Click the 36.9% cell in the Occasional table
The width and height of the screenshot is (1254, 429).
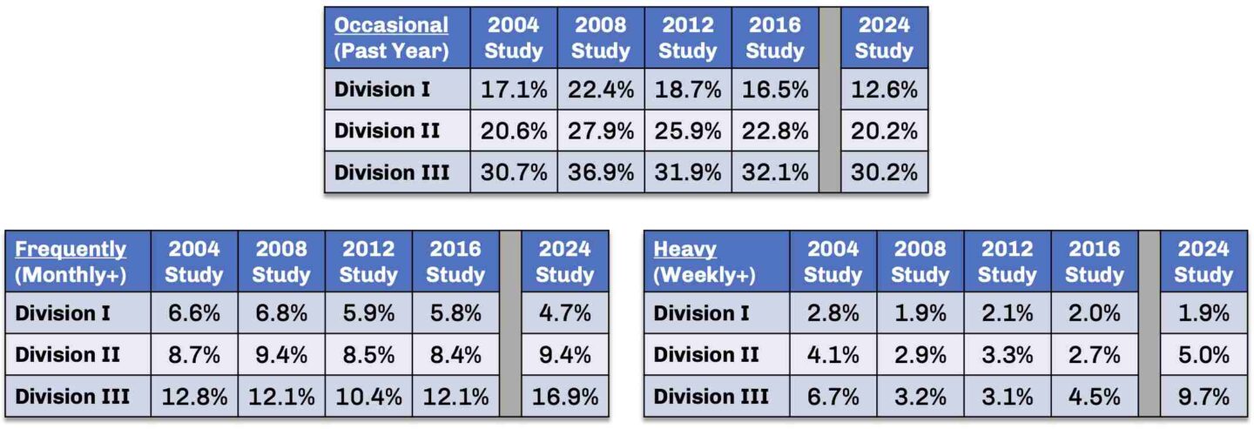click(601, 172)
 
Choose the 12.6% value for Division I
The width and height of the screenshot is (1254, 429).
click(883, 90)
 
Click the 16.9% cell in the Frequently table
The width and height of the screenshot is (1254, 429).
click(564, 397)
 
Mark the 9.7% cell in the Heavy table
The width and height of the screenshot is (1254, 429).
click(1203, 397)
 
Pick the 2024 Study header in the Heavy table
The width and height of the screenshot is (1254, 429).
click(1203, 262)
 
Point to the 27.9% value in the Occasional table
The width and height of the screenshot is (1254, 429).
click(601, 131)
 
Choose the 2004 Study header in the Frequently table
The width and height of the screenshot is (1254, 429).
click(194, 262)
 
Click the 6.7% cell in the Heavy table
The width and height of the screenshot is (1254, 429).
click(833, 397)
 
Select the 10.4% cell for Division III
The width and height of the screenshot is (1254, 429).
click(368, 397)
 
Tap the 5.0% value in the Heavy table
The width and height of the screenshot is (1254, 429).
click(1203, 355)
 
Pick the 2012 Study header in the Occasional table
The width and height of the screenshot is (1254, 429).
click(687, 37)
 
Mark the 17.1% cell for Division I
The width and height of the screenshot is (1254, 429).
click(514, 90)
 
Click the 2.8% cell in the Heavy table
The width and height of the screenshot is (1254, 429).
click(833, 313)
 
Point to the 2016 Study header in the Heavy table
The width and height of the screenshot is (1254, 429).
click(1094, 262)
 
